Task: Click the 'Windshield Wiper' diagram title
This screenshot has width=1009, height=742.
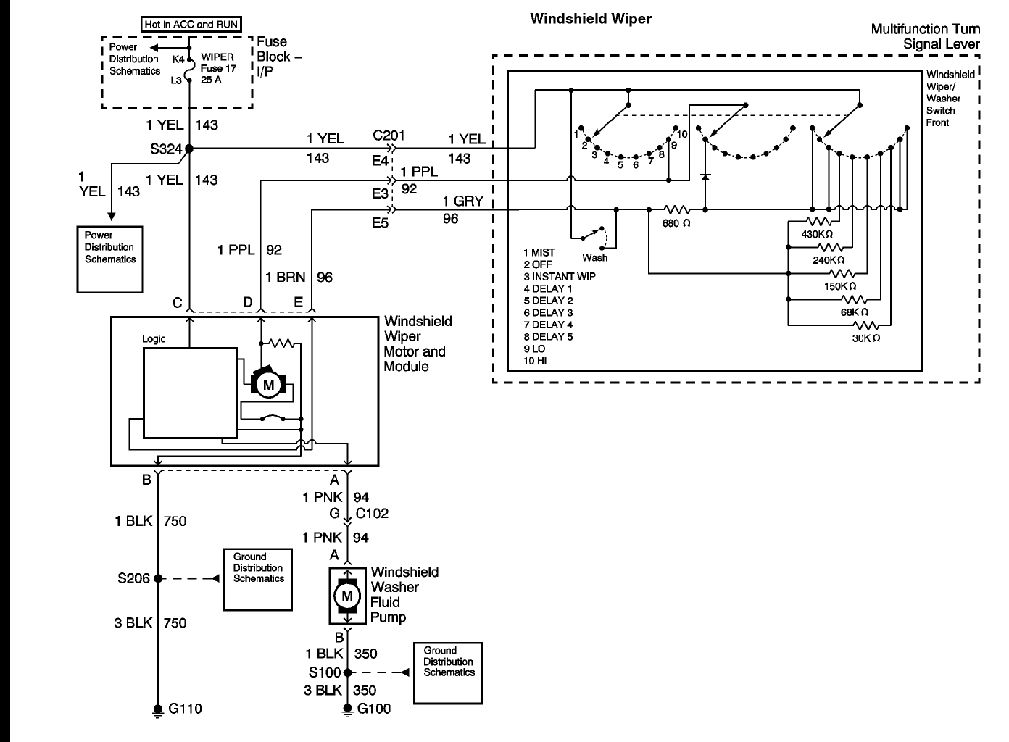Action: click(590, 19)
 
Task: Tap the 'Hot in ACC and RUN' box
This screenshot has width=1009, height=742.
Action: click(191, 24)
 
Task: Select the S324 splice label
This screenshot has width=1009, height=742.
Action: click(166, 149)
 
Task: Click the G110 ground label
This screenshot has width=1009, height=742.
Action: click(185, 709)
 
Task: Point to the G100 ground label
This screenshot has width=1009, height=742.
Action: click(374, 709)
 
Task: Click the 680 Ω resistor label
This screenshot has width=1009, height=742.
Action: click(676, 224)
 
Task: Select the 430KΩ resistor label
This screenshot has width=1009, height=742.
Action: click(817, 235)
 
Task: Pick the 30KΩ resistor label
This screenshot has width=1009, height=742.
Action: click(866, 338)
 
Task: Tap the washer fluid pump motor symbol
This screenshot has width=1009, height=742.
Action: click(346, 596)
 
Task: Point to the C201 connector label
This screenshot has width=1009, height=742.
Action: click(389, 136)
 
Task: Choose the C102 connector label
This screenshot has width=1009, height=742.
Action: click(372, 514)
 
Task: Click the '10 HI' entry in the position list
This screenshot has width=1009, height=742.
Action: click(535, 361)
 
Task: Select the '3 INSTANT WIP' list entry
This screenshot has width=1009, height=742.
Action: click(559, 277)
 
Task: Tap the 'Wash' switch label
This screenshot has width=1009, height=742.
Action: click(594, 258)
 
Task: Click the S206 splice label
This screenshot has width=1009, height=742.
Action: click(134, 578)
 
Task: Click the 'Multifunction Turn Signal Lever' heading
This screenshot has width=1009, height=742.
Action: click(925, 36)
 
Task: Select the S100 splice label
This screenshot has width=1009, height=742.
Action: click(324, 672)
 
